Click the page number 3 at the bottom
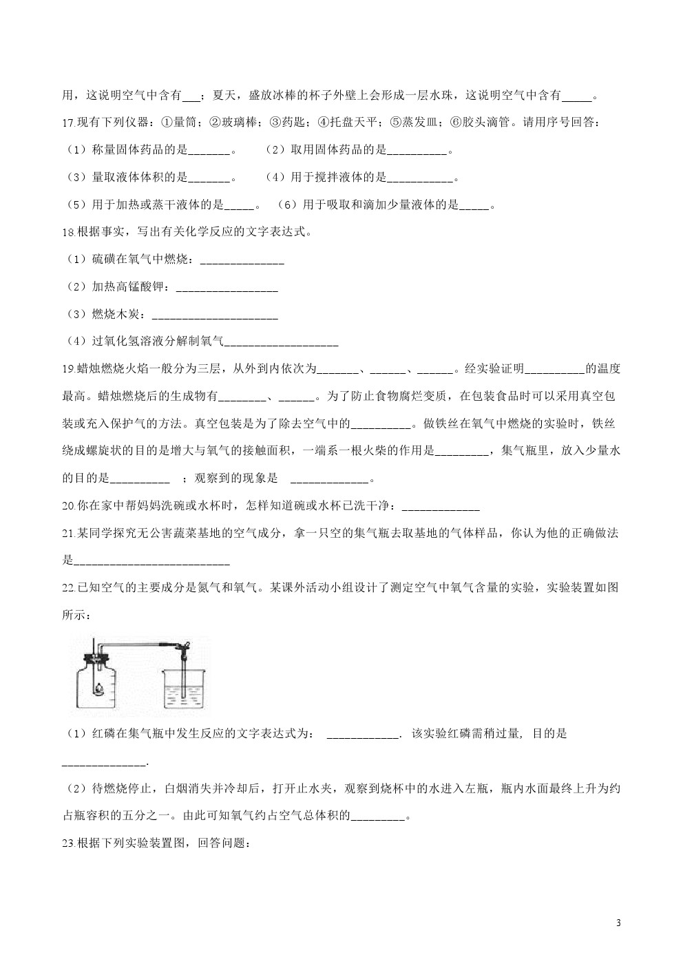point(618,923)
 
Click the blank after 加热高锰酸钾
point(227,288)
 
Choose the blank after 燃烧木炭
point(214,315)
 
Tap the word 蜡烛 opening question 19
point(90,369)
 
